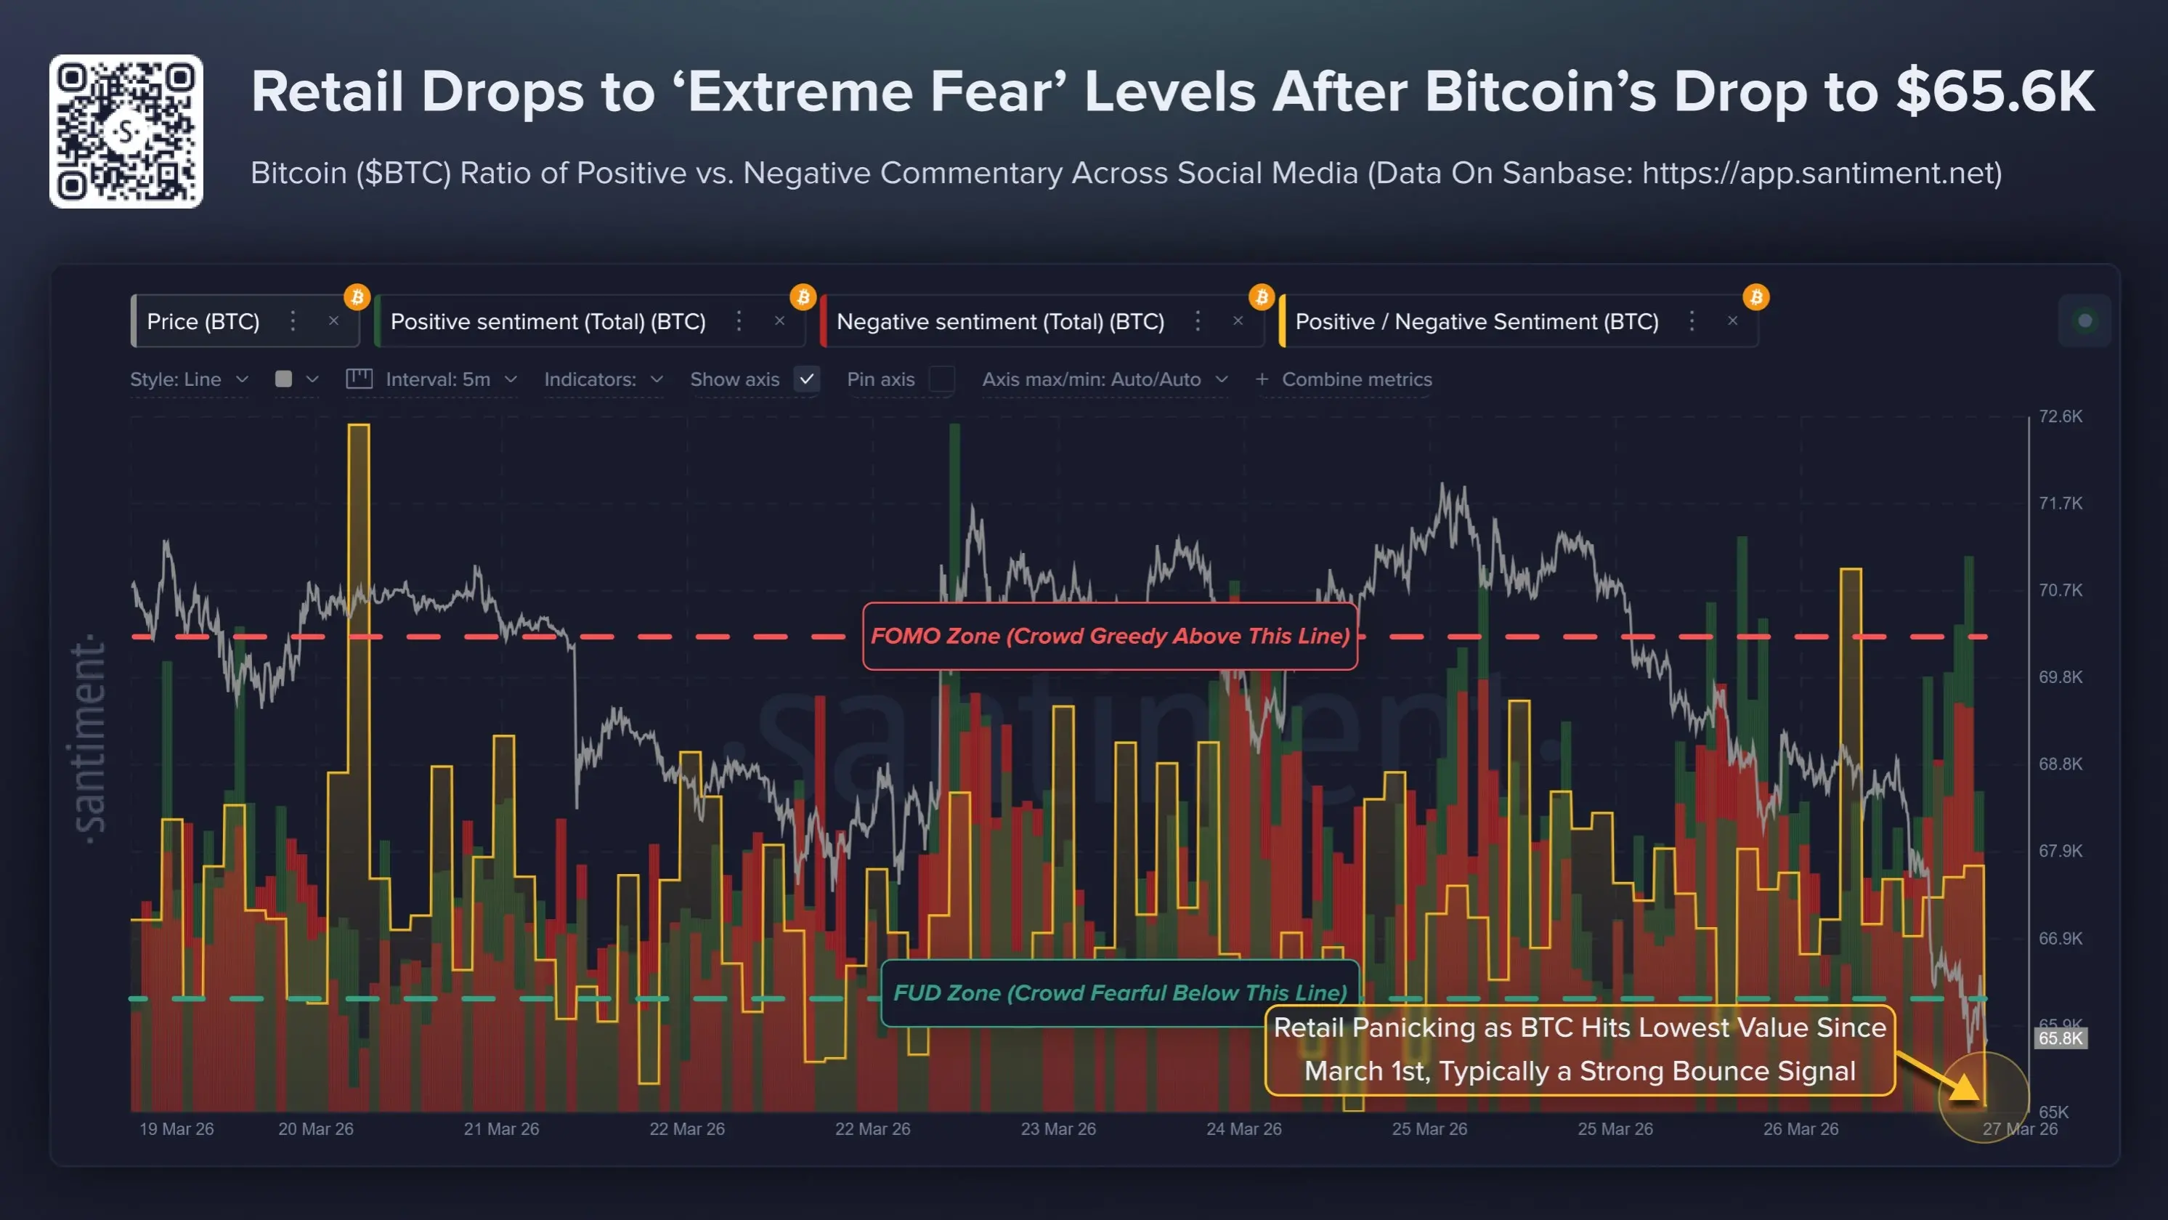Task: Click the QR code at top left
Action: pos(126,132)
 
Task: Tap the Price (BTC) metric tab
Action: pos(203,322)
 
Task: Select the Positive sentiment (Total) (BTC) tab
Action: pos(548,322)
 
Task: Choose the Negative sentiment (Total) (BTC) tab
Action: pos(1000,322)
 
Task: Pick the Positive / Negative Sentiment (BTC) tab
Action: pos(1476,322)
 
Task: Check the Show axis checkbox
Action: pos(806,380)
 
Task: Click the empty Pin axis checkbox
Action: pos(941,380)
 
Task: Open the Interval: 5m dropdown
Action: pos(438,380)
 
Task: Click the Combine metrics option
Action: pos(1355,380)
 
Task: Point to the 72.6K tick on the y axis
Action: pos(2060,417)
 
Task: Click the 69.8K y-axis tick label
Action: pos(2060,677)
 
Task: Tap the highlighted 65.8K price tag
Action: pos(2060,1038)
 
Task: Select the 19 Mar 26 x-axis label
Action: pos(176,1129)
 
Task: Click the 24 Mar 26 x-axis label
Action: pos(1243,1129)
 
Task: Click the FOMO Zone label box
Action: pos(1109,637)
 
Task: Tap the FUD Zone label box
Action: pos(1119,993)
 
